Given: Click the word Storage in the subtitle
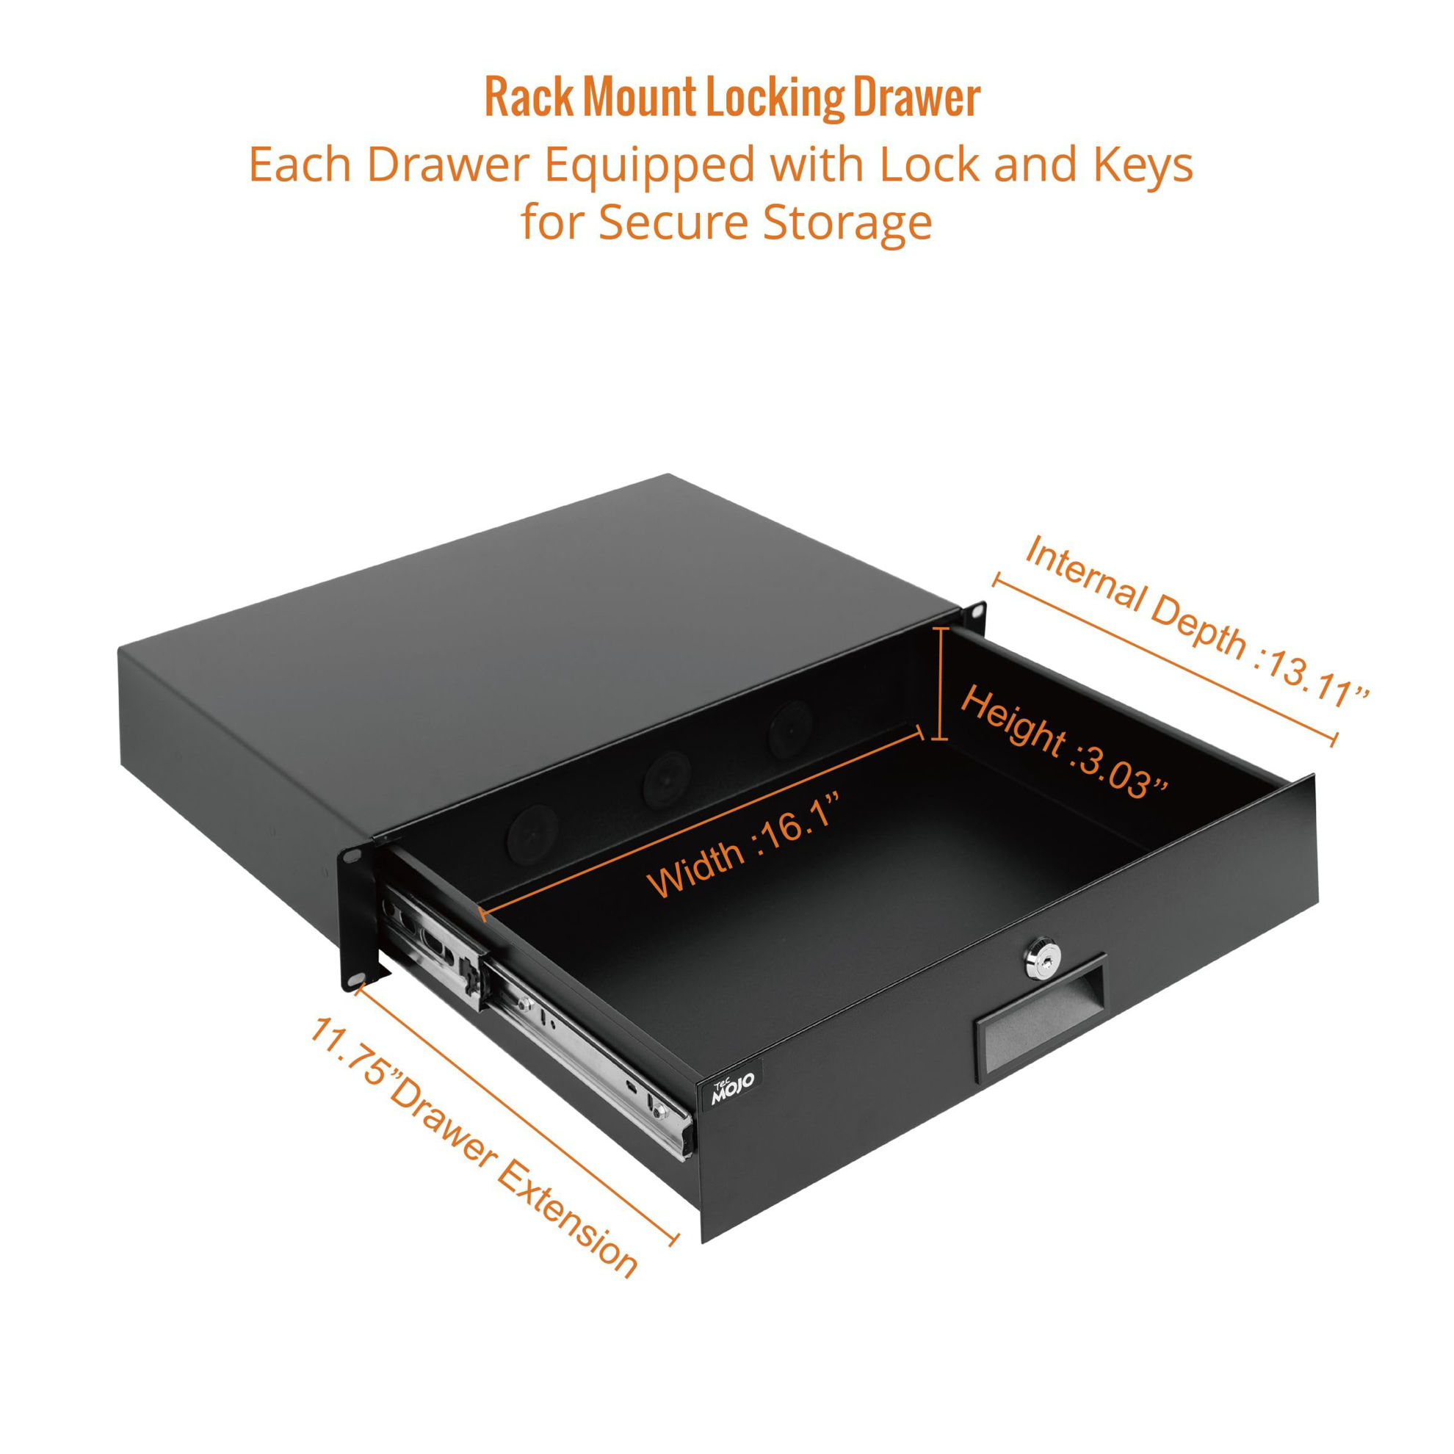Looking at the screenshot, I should (x=847, y=223).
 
